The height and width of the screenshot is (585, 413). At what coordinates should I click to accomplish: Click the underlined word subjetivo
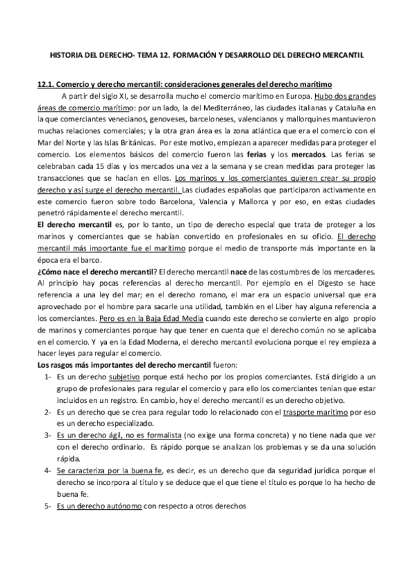(x=128, y=378)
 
